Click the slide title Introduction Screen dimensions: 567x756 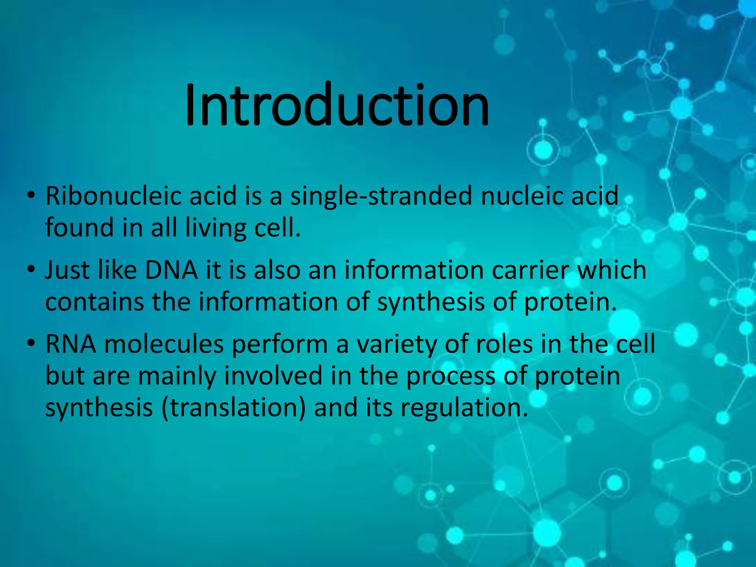(337, 105)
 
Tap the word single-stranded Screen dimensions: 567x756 (381, 196)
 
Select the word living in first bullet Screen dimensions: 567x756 (215, 228)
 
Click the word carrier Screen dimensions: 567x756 (531, 270)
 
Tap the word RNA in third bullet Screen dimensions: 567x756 (71, 344)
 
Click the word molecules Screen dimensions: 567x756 (164, 344)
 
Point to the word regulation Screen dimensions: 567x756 (464, 408)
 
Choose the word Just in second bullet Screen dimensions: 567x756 (67, 270)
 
